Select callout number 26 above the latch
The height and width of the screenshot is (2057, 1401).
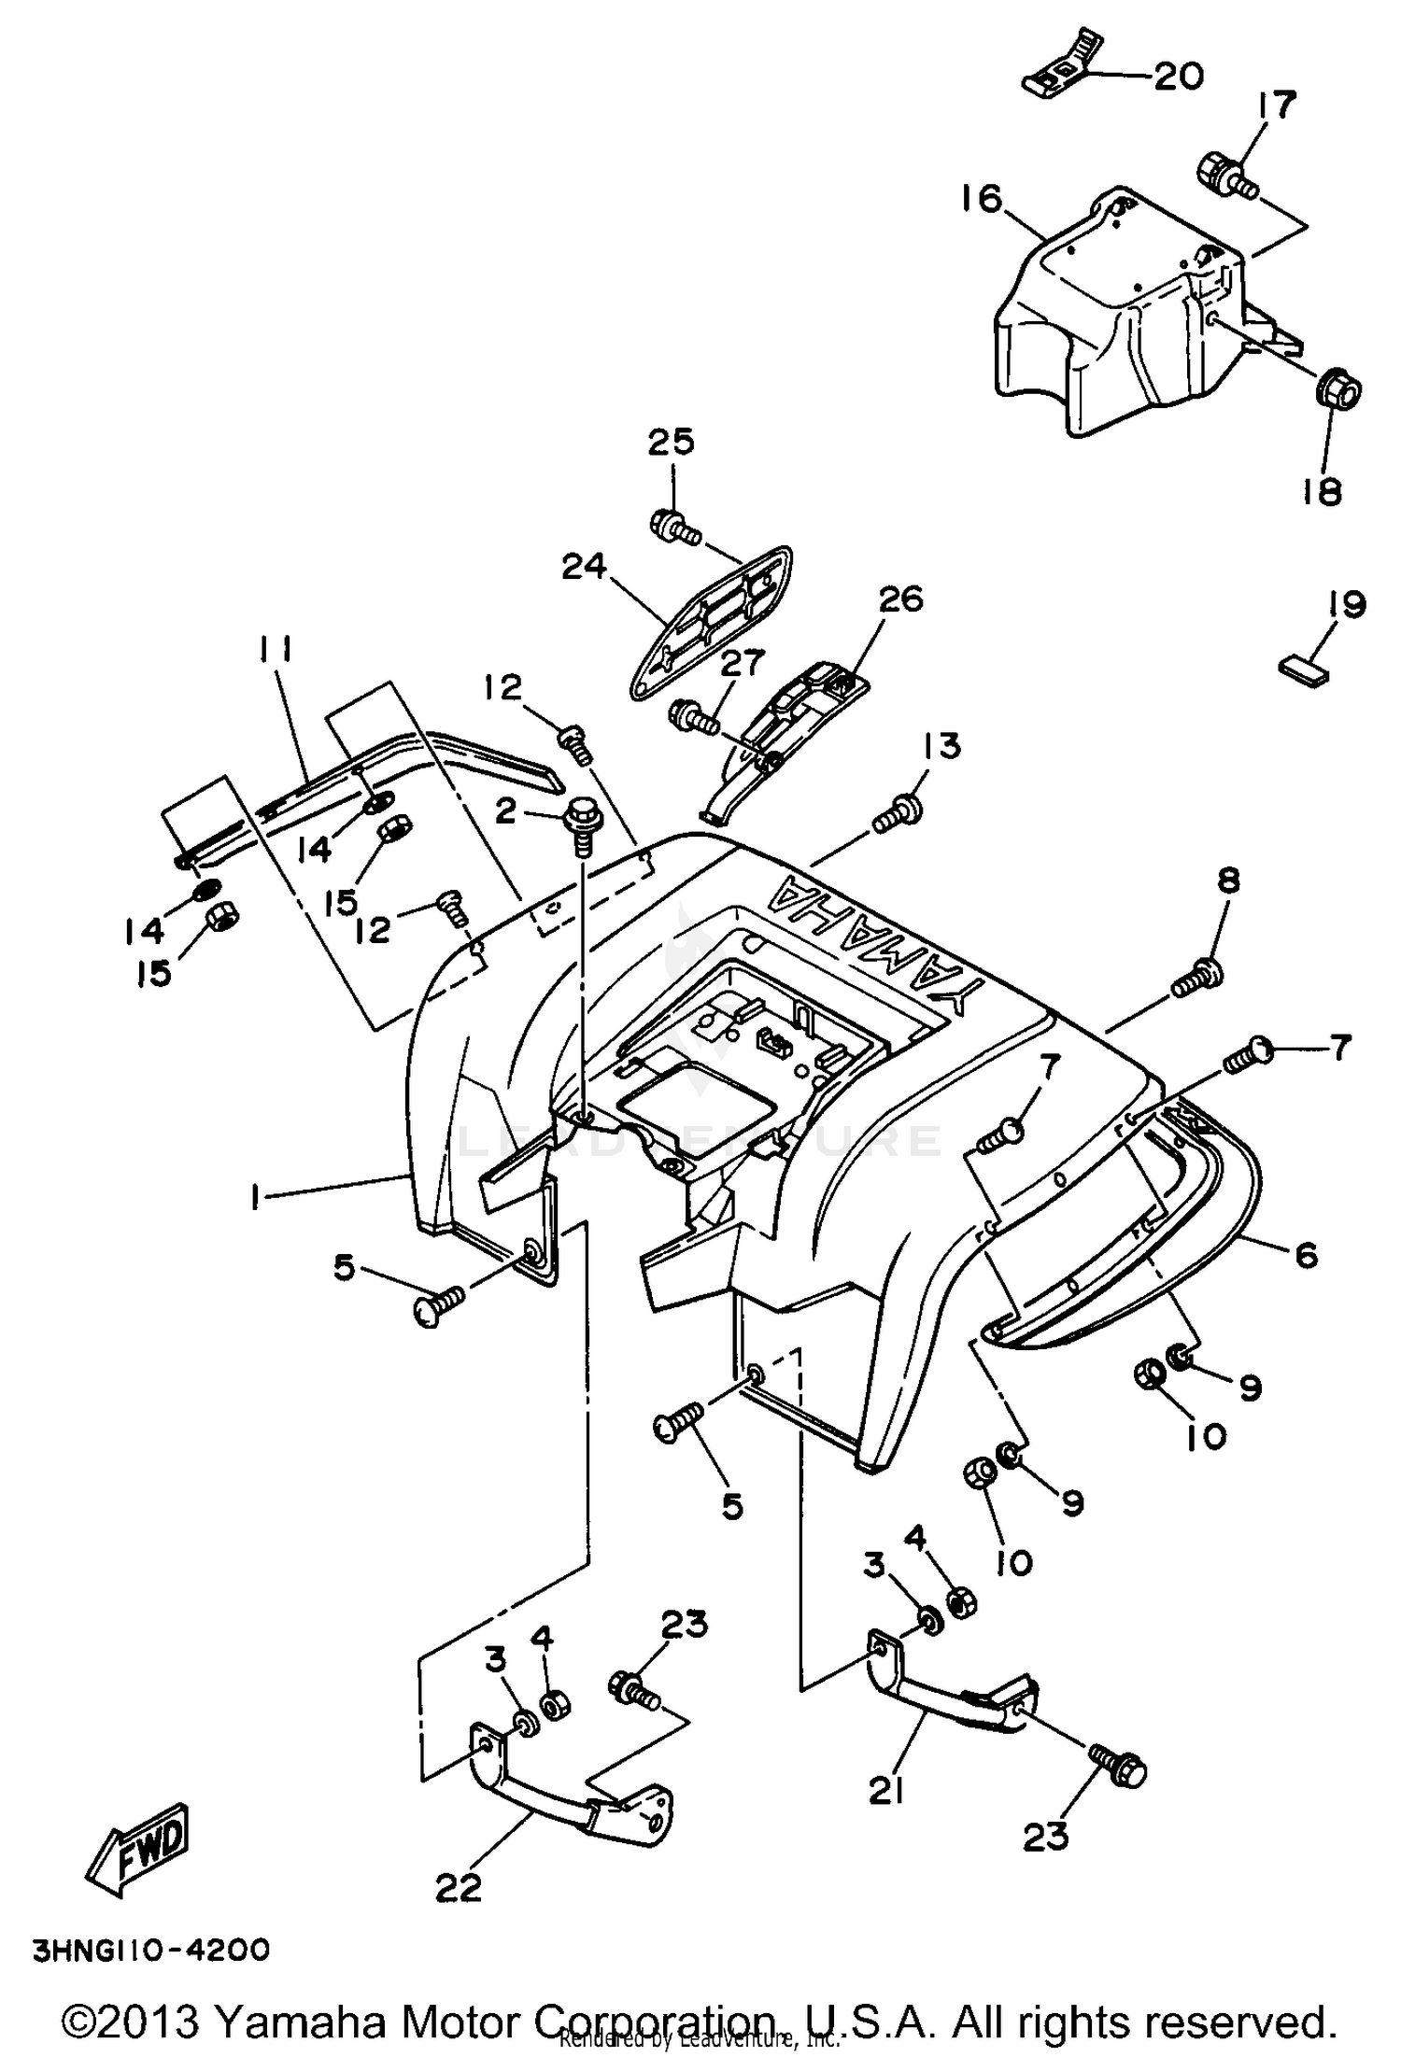pos(899,599)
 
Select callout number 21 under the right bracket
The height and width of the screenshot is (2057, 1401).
pos(886,1789)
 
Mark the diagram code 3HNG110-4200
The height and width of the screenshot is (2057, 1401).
pos(151,1950)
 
